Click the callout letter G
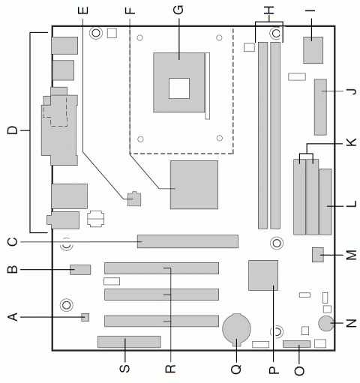[178, 10]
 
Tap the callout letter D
[11, 132]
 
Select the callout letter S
[126, 369]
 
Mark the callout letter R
[170, 369]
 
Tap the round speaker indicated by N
[326, 324]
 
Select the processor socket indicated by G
[178, 77]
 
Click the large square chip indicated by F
[194, 184]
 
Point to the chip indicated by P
[262, 275]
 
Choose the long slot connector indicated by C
[187, 241]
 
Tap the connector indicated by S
[128, 343]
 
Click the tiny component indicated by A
[85, 318]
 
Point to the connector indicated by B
[80, 269]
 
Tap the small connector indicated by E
[133, 199]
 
